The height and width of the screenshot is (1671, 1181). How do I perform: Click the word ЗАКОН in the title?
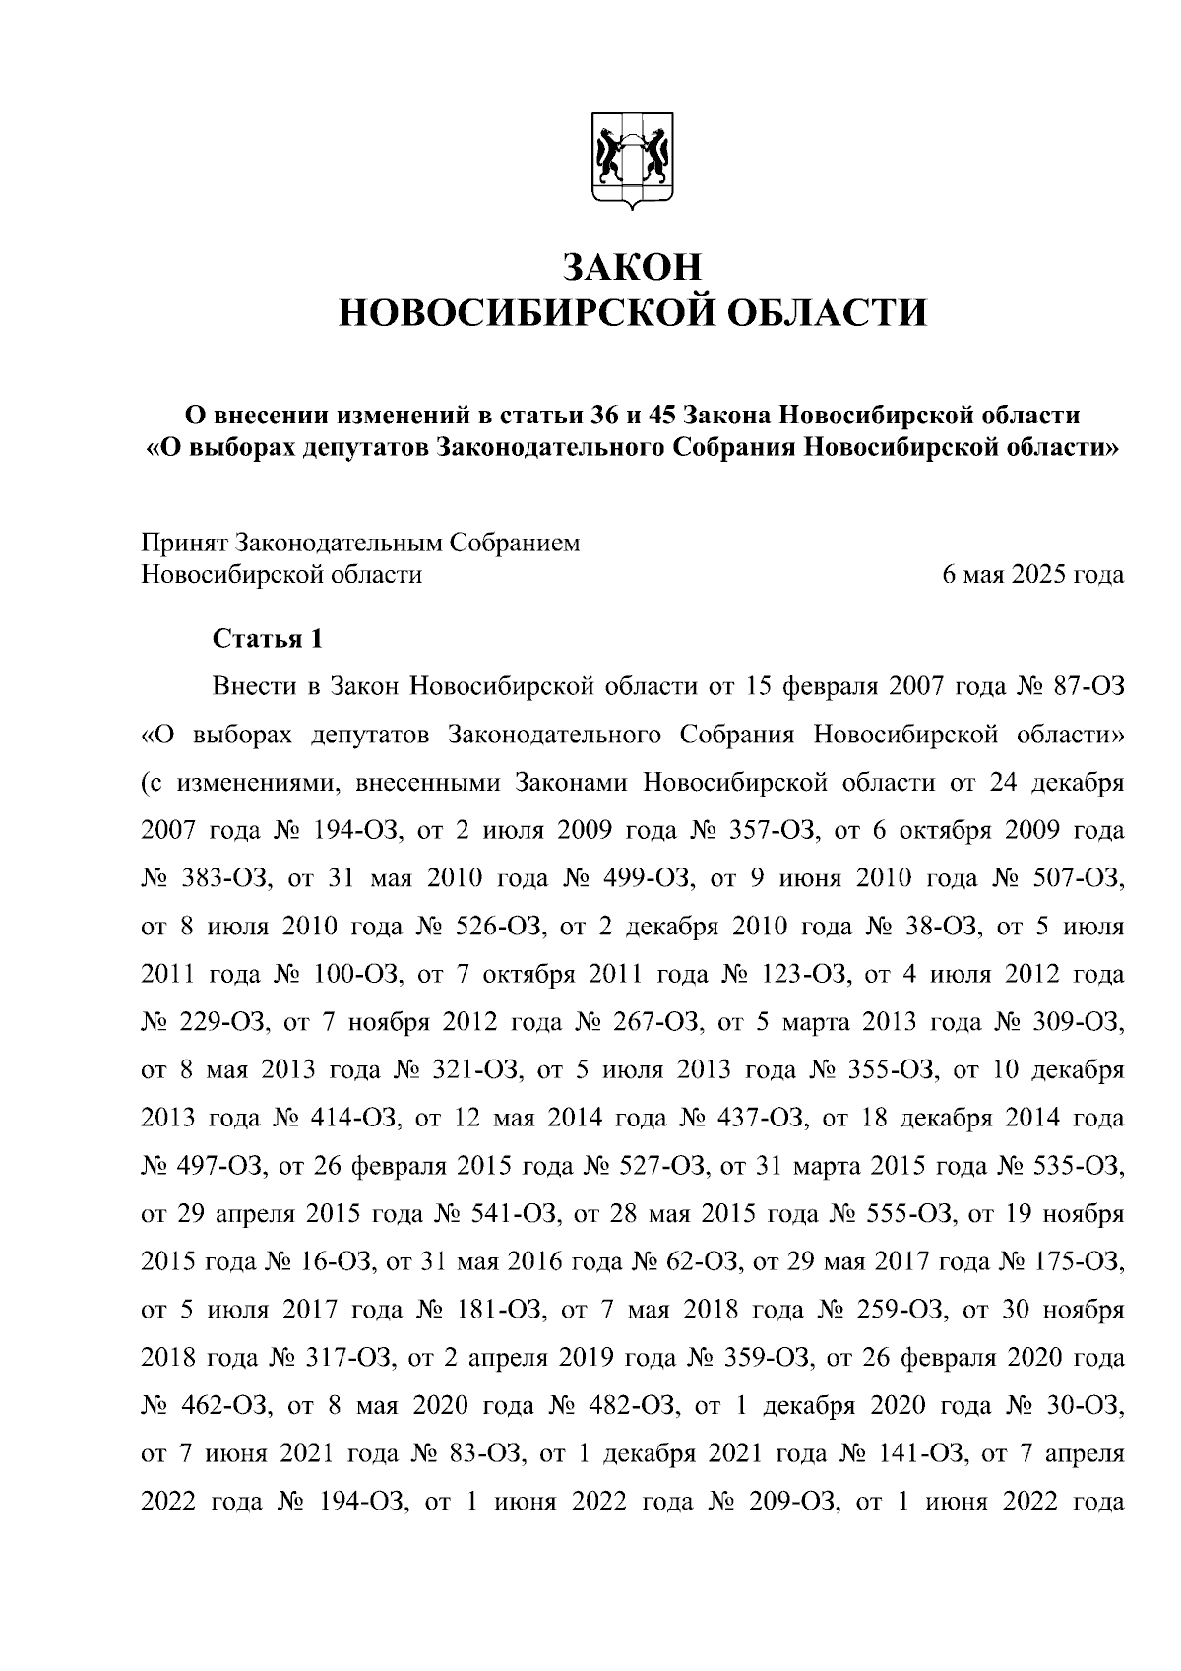(x=633, y=267)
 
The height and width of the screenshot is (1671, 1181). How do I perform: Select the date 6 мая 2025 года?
(x=1032, y=574)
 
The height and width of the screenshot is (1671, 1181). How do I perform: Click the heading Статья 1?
(x=267, y=639)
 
